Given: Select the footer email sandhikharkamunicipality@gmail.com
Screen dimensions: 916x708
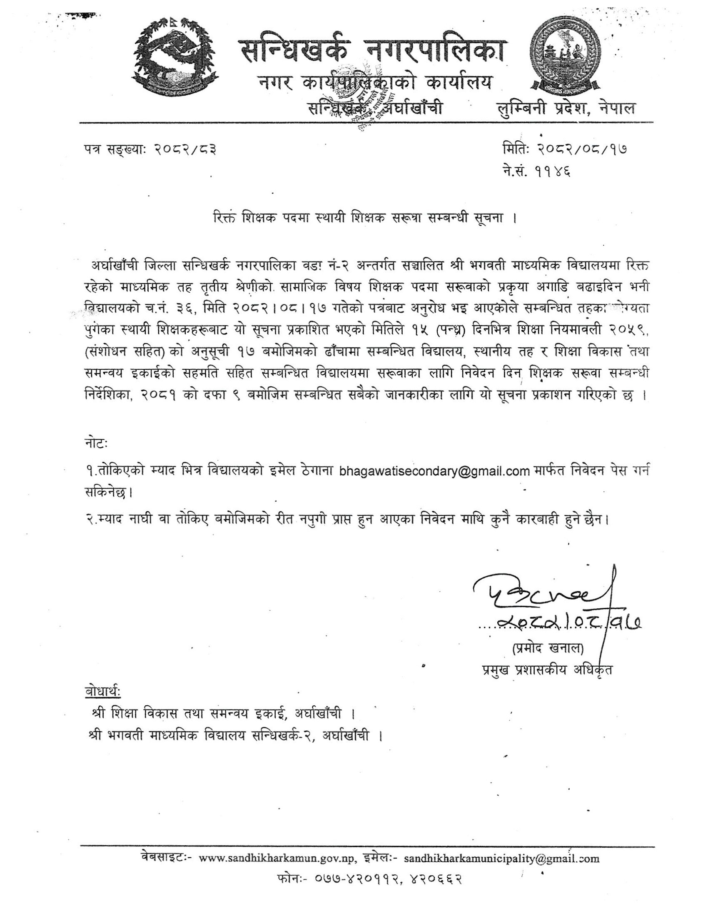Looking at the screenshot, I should coord(502,867).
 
